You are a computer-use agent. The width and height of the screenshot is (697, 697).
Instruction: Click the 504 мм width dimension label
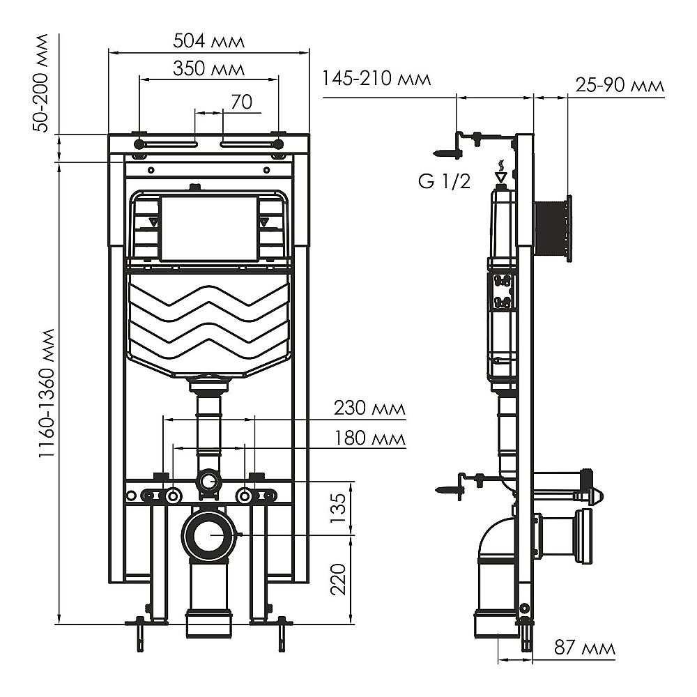click(x=209, y=41)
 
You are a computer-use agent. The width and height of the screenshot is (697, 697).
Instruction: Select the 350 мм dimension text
click(x=209, y=70)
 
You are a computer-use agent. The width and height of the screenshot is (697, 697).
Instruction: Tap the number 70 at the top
click(x=241, y=102)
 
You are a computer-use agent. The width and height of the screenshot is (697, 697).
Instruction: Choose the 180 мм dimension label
click(x=370, y=439)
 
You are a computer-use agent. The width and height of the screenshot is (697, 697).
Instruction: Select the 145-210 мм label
click(x=376, y=79)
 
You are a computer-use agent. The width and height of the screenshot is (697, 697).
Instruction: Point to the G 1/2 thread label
click(x=444, y=183)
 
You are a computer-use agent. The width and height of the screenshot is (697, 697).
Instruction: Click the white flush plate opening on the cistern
click(x=209, y=227)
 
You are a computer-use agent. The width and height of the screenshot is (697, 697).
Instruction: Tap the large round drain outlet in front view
click(x=209, y=535)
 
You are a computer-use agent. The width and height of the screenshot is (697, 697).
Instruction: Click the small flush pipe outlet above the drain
click(x=208, y=480)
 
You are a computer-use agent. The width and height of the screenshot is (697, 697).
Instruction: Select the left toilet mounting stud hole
click(x=172, y=496)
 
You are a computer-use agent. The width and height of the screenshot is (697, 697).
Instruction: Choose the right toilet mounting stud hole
click(x=244, y=496)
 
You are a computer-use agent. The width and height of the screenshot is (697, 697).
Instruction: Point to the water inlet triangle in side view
click(x=500, y=177)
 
